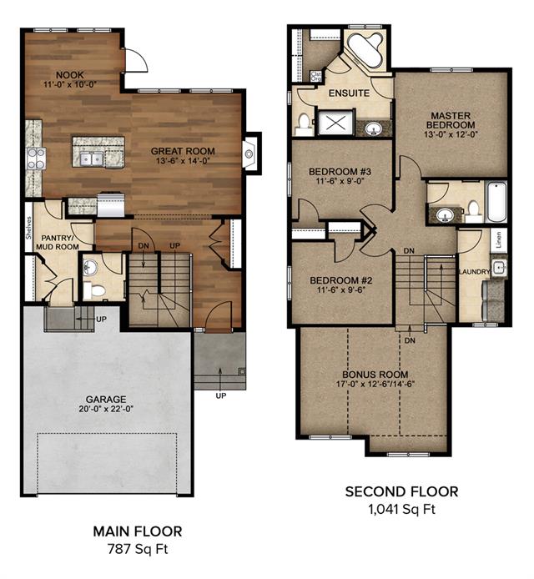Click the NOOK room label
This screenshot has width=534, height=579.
[x=70, y=75]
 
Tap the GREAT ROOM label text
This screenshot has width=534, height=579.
[x=183, y=151]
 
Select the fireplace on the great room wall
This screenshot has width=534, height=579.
[x=250, y=154]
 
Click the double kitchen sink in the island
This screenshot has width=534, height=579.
[x=91, y=159]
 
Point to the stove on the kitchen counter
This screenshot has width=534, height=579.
[x=36, y=159]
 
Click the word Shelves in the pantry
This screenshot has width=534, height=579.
[x=29, y=227]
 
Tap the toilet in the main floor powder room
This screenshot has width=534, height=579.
[x=93, y=290]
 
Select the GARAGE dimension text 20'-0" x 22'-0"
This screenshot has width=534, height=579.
[x=106, y=409]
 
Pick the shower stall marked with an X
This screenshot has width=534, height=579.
[x=336, y=123]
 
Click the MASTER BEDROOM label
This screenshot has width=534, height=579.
[x=451, y=120]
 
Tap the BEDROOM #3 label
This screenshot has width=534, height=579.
[x=340, y=172]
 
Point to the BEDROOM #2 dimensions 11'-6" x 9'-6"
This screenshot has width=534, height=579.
[x=341, y=289]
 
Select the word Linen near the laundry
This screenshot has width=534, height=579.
[x=499, y=240]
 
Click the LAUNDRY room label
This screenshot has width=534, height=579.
[x=474, y=272]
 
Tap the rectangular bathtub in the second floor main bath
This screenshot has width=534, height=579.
[x=496, y=202]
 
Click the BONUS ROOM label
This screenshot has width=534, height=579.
[x=375, y=375]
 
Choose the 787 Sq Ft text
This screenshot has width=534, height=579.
[x=138, y=549]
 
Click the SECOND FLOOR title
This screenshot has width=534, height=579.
[x=402, y=492]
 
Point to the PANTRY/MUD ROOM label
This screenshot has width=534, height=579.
[x=58, y=242]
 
